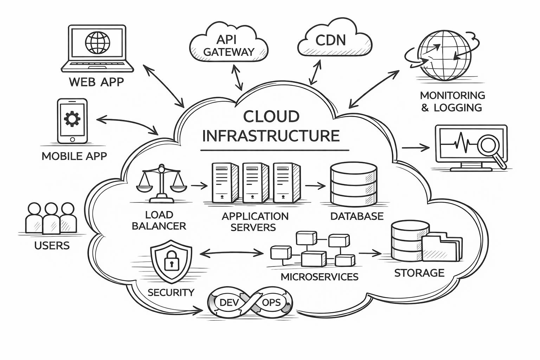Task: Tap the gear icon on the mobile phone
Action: click(72, 119)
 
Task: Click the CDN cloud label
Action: click(330, 40)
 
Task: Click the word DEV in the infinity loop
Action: click(229, 302)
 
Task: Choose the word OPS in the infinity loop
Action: click(271, 302)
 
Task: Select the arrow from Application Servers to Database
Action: click(315, 185)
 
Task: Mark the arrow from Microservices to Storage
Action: click(370, 253)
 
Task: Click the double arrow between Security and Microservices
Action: click(231, 252)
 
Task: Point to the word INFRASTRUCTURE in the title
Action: click(271, 136)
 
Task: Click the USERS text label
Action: click(52, 245)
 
